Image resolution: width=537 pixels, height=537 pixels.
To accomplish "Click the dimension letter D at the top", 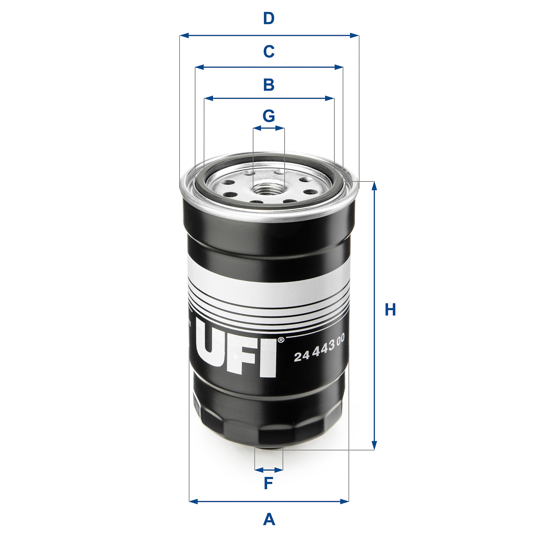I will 268,18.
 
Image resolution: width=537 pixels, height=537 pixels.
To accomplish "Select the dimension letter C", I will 268,52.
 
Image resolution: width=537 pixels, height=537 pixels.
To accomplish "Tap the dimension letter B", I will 268,85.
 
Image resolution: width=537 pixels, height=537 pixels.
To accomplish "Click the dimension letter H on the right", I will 390,310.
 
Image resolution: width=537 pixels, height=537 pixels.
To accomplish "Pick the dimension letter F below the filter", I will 268,483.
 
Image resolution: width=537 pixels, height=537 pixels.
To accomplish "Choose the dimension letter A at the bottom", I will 269,519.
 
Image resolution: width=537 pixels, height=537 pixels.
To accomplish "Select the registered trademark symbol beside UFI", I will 281,340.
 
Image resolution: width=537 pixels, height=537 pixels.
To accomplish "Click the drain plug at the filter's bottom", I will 268,447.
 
